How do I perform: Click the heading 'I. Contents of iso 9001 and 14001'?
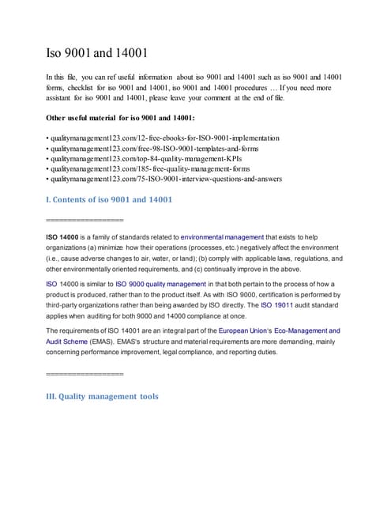pyautogui.click(x=110, y=200)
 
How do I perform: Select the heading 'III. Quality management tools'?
pyautogui.click(x=103, y=396)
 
